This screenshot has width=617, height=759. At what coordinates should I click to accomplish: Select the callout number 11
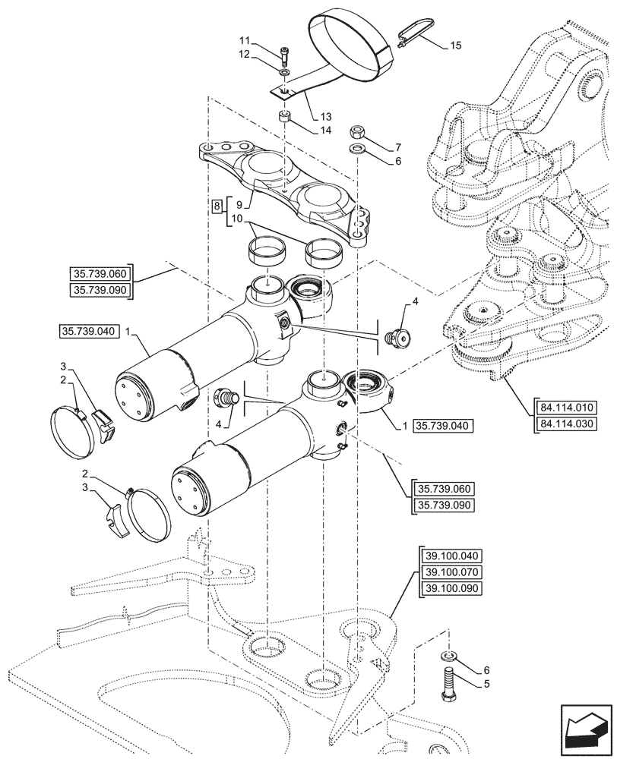(x=244, y=39)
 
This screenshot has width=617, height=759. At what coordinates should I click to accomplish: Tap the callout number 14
(x=325, y=130)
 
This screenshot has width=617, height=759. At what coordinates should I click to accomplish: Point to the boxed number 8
(x=217, y=206)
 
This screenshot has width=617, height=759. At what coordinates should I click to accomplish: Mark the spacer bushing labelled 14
(x=285, y=117)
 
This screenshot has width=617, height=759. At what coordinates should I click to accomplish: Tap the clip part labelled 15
(x=409, y=33)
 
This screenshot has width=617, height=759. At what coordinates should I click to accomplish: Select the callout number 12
(x=244, y=54)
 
